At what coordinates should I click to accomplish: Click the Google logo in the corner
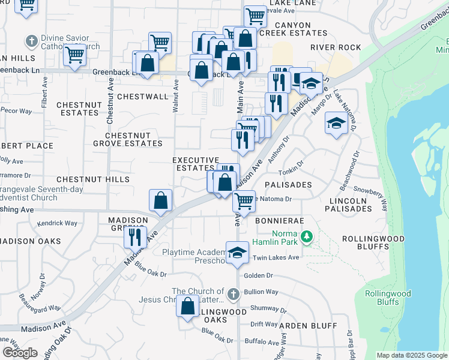click(x=20, y=352)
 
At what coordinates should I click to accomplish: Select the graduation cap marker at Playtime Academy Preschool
click(x=238, y=252)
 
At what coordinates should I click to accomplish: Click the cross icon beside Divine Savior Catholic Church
click(x=31, y=41)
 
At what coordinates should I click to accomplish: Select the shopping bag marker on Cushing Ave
click(x=161, y=201)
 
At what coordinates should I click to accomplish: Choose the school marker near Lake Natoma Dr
click(x=336, y=123)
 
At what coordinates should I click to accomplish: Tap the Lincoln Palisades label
click(x=348, y=204)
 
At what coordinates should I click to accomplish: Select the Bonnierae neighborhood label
click(x=276, y=221)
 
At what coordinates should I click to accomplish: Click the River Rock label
click(x=336, y=47)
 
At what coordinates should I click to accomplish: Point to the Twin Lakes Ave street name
click(x=276, y=257)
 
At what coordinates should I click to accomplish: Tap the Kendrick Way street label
click(x=57, y=223)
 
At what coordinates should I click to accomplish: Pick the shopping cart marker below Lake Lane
click(x=256, y=17)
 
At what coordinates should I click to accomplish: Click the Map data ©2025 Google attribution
click(x=412, y=355)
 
